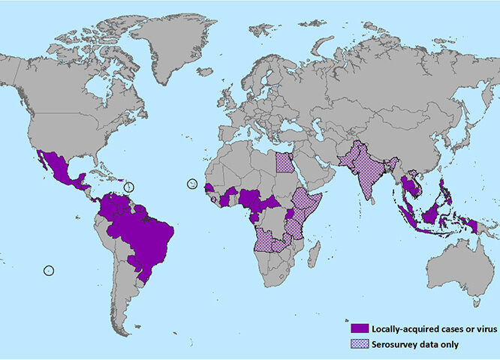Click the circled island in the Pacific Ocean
(x=50, y=269)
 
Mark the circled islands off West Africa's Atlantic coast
(x=193, y=184)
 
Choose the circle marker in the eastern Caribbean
(x=128, y=186)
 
